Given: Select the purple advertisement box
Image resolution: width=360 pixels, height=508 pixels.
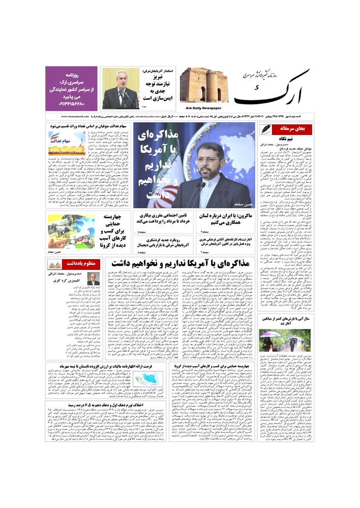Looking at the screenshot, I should [x=71, y=88].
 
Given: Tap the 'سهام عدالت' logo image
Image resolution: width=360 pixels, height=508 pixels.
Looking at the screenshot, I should [x=67, y=144].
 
